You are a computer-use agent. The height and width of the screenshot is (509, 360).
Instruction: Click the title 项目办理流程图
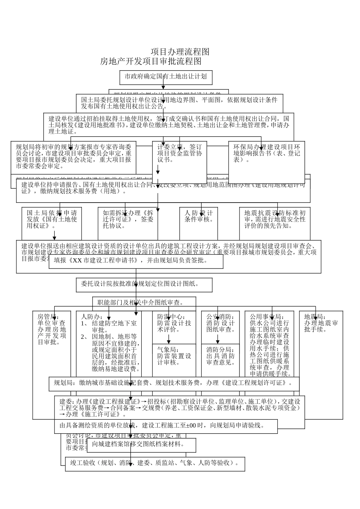click(x=180, y=52)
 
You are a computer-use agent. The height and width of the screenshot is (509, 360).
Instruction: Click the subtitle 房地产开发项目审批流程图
click(x=150, y=61)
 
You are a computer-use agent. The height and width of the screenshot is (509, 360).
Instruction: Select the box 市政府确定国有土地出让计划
click(x=166, y=77)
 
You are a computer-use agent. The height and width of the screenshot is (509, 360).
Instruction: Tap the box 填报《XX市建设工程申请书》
click(x=136, y=261)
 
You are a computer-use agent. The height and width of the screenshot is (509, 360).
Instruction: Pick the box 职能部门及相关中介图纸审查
click(x=144, y=302)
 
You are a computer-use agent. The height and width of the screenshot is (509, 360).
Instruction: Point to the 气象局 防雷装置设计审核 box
click(x=174, y=356)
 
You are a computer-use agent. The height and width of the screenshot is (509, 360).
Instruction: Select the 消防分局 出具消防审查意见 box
click(x=220, y=356)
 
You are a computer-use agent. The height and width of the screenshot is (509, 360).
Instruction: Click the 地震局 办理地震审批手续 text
click(x=321, y=323)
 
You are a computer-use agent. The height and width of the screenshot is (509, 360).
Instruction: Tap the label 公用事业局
click(x=269, y=317)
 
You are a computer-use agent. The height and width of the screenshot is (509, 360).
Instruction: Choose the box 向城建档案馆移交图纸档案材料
click(x=141, y=444)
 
